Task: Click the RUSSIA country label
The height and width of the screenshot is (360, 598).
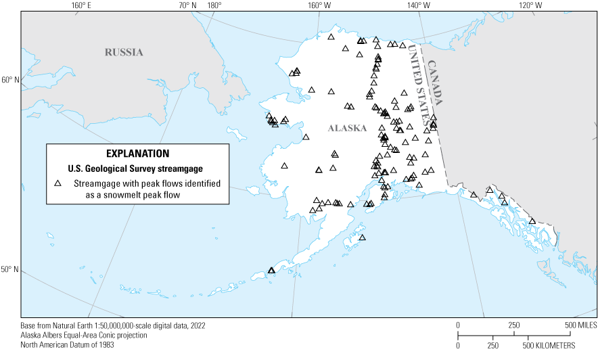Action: pyautogui.click(x=124, y=51)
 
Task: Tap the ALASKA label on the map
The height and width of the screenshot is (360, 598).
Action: pyautogui.click(x=347, y=128)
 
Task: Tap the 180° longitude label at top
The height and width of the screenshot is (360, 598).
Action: pyautogui.click(x=214, y=6)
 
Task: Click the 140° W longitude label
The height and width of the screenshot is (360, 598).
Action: pyautogui.click(x=418, y=6)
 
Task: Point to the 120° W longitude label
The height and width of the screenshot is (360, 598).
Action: pyautogui.click(x=530, y=6)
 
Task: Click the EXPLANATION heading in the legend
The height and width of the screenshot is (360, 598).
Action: pyautogui.click(x=138, y=154)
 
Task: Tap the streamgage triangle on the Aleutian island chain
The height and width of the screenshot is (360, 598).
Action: pyautogui.click(x=271, y=270)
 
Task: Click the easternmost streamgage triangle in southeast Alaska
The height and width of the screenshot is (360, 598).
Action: pyautogui.click(x=532, y=221)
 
